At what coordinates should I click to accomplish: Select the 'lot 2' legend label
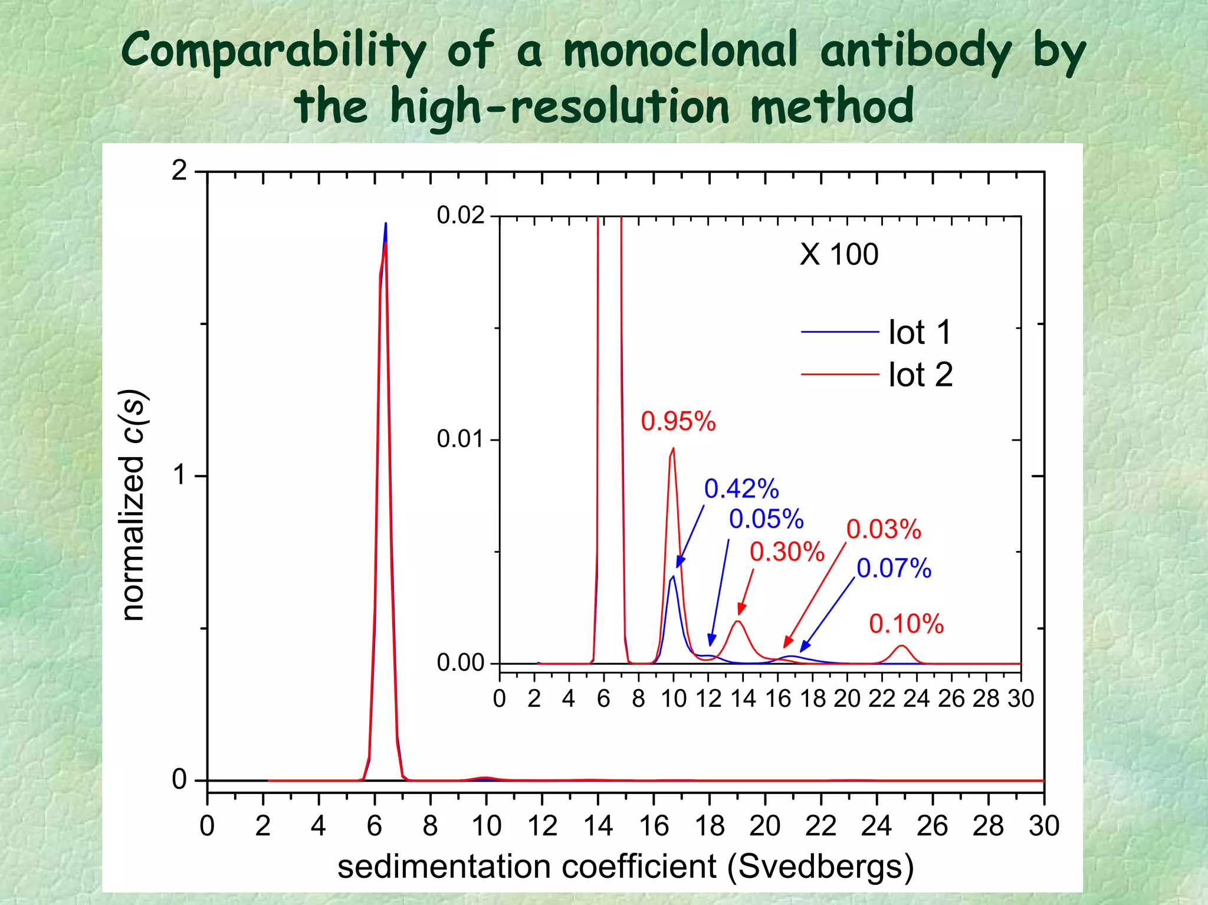(x=920, y=375)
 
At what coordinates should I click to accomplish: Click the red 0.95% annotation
(x=678, y=421)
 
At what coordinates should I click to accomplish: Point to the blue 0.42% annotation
(x=741, y=488)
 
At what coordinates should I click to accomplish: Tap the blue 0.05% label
(x=766, y=519)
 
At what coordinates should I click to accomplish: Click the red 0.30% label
(x=787, y=552)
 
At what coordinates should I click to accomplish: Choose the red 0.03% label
(x=884, y=529)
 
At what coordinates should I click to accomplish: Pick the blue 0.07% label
(x=894, y=568)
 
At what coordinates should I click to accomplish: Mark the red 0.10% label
(x=906, y=624)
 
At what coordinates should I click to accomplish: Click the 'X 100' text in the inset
(x=839, y=255)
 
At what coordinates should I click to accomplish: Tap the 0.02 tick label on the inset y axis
(x=460, y=215)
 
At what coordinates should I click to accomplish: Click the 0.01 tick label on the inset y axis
(x=460, y=440)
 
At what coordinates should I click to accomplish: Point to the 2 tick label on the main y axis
(x=179, y=171)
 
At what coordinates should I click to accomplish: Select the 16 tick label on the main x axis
(x=654, y=826)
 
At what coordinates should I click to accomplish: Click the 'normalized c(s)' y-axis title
(x=132, y=505)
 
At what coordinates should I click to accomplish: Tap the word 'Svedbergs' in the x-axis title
(x=820, y=867)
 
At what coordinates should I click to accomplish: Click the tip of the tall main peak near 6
(x=386, y=224)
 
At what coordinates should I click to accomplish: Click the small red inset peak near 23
(x=901, y=647)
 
